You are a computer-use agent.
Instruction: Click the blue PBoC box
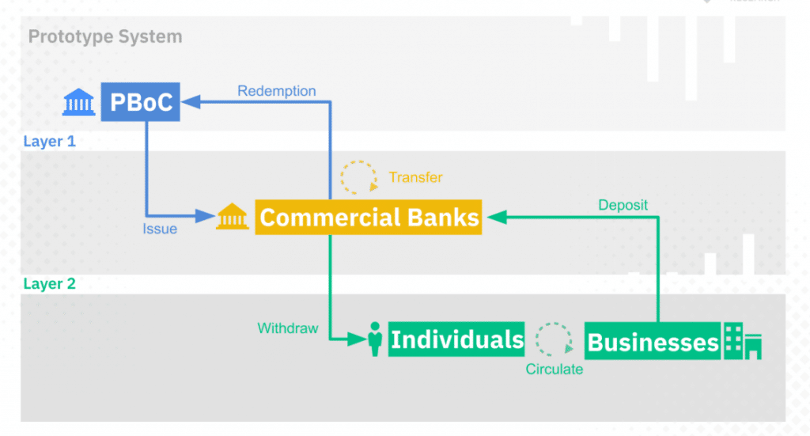[x=140, y=102]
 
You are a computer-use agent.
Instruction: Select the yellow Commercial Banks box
[x=369, y=217]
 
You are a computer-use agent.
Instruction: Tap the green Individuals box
[x=456, y=339]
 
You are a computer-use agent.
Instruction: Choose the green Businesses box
[x=653, y=342]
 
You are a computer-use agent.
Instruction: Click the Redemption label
[x=276, y=91]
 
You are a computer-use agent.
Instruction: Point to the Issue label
[x=161, y=229]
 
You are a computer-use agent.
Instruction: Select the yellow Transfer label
[x=415, y=177]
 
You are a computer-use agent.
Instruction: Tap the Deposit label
[x=623, y=205]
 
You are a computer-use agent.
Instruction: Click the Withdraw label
[x=287, y=328]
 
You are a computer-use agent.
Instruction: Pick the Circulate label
[x=554, y=369]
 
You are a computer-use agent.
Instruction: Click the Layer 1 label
[x=49, y=142]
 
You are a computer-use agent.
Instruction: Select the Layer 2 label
[x=49, y=284]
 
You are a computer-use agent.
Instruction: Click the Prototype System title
[x=105, y=36]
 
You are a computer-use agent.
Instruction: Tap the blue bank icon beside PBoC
[x=79, y=102]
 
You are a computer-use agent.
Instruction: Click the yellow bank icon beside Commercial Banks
[x=233, y=216]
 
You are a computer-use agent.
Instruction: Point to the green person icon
[x=376, y=339]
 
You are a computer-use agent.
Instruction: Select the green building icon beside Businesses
[x=743, y=341]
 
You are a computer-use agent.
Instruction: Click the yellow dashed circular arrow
[x=358, y=177]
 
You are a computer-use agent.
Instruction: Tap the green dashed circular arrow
[x=554, y=339]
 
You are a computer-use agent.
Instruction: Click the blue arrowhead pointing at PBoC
[x=190, y=101]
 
